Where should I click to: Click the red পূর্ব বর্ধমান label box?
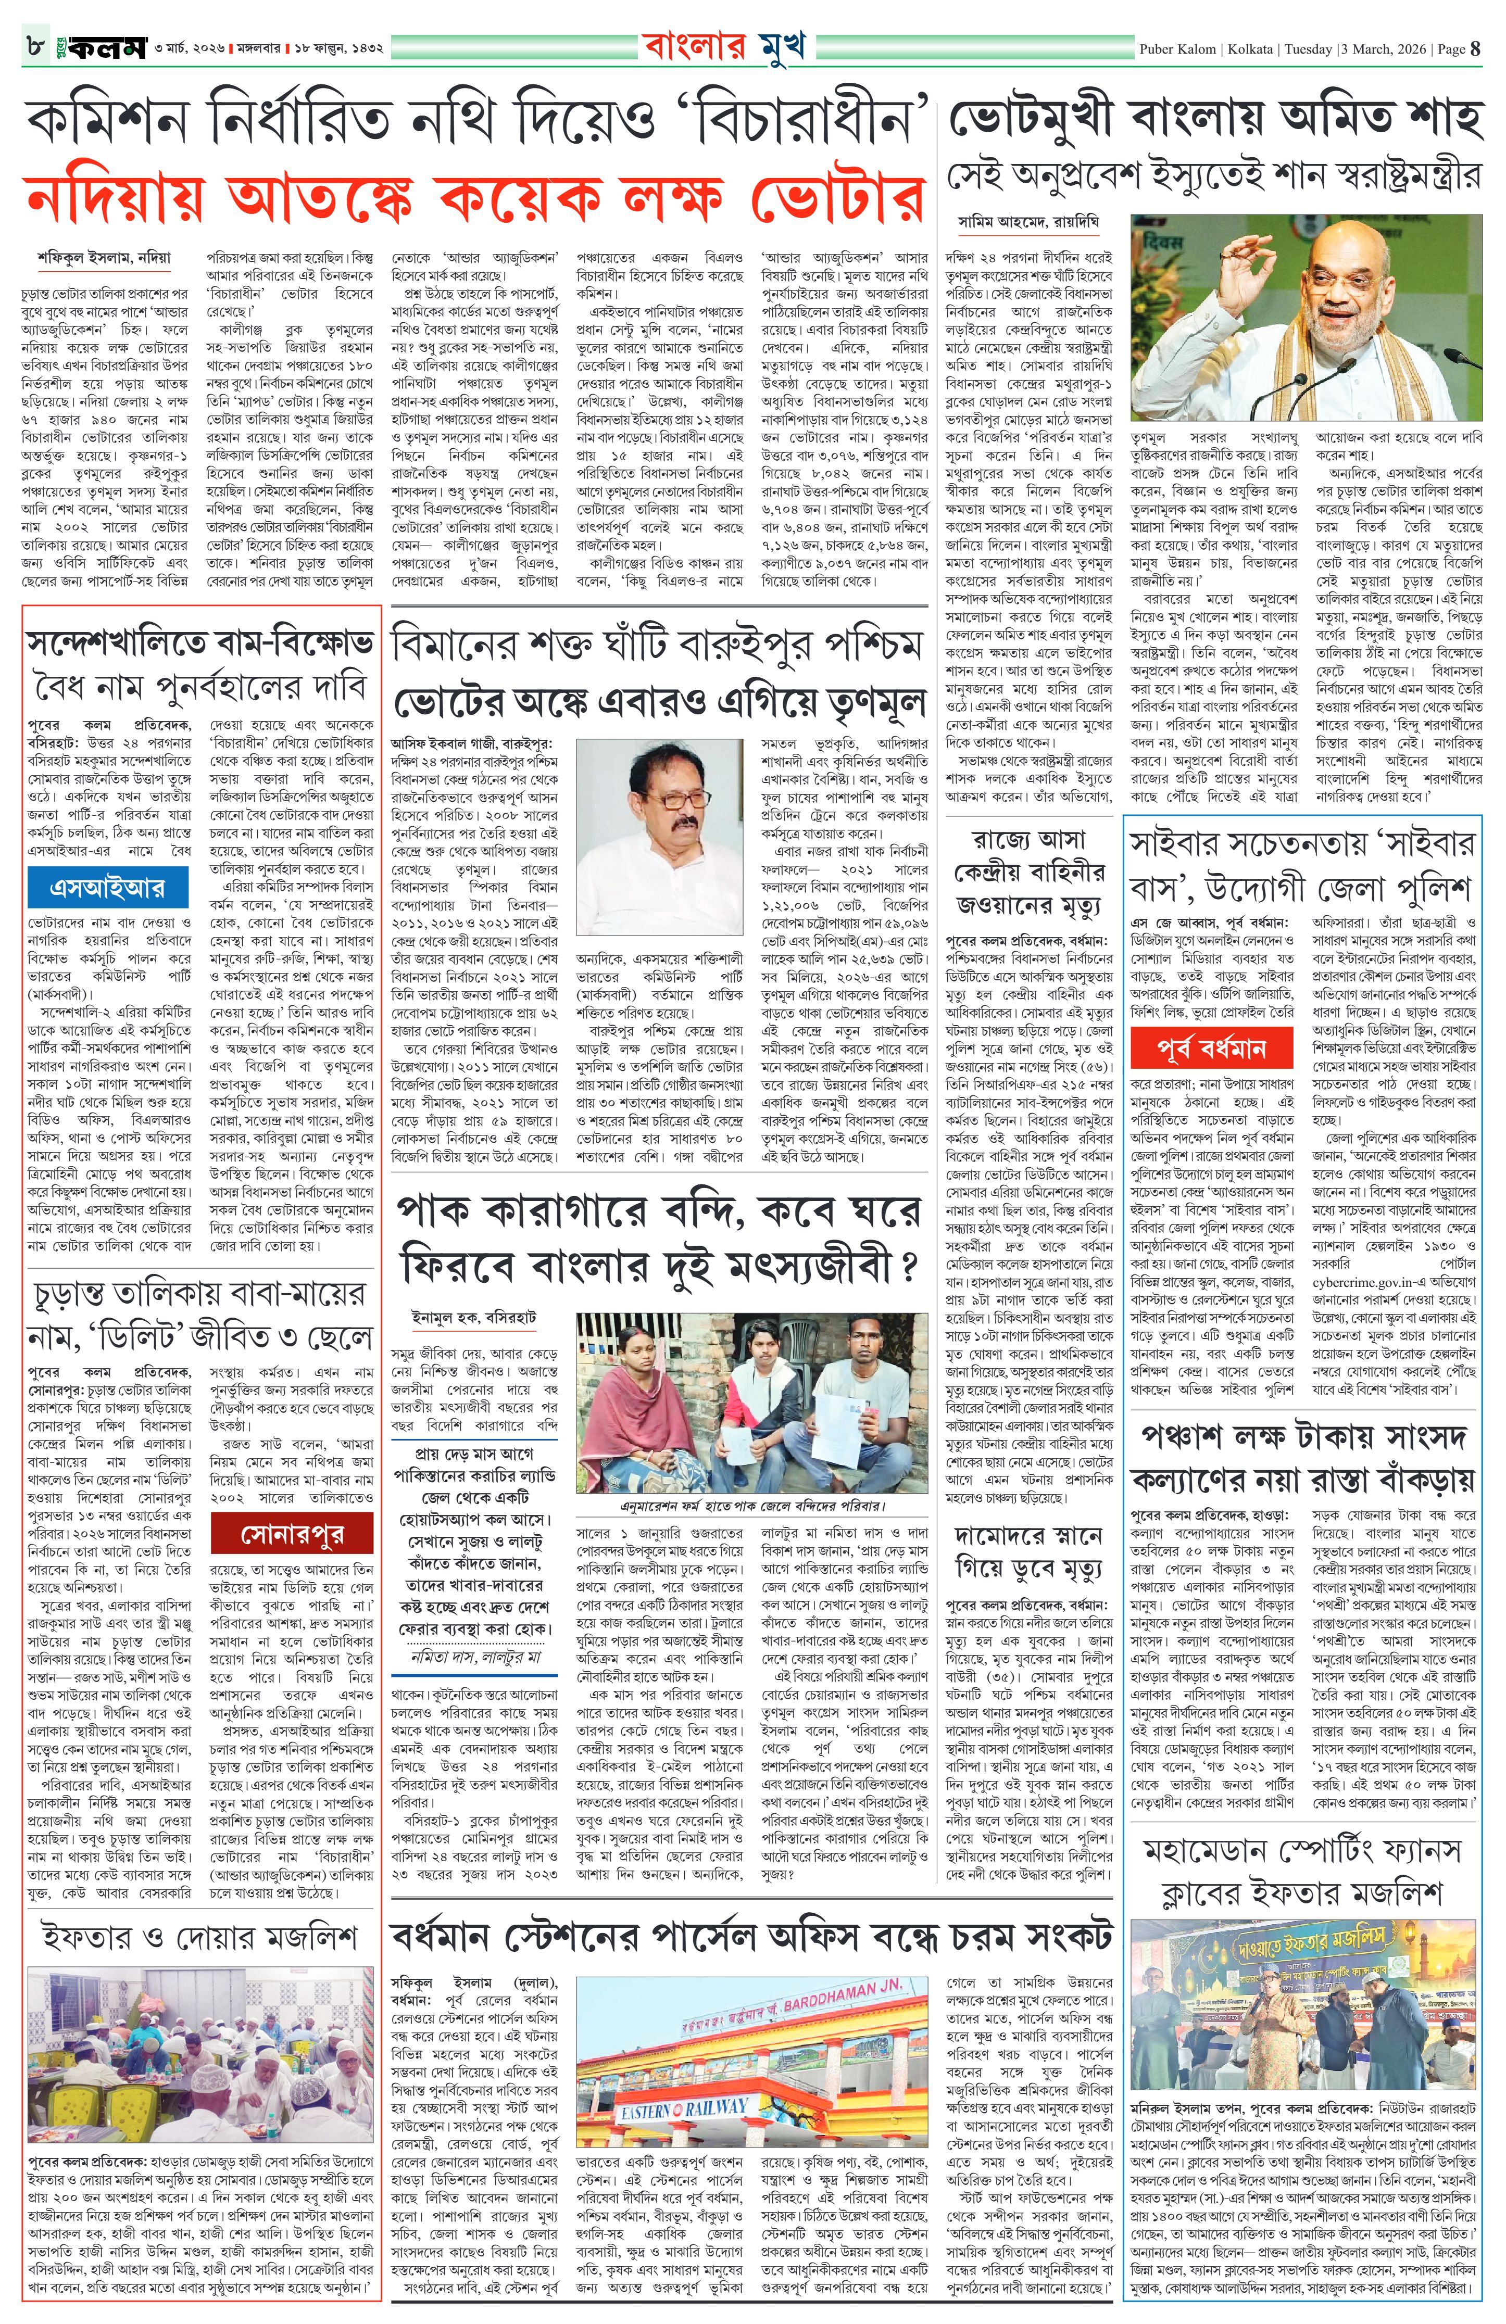(x=1212, y=1049)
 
